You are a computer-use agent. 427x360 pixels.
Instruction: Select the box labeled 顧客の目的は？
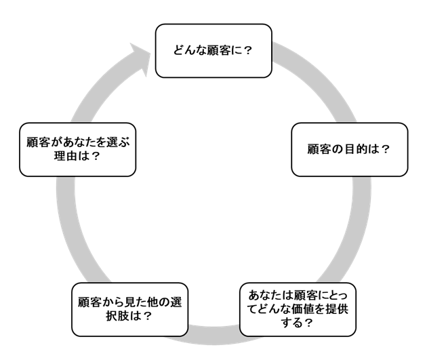coord(350,149)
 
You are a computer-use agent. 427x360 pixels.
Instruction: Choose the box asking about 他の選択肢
coord(128,309)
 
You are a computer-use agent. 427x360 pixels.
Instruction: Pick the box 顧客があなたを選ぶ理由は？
coord(77,149)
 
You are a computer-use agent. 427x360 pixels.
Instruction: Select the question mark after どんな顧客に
coord(248,51)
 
